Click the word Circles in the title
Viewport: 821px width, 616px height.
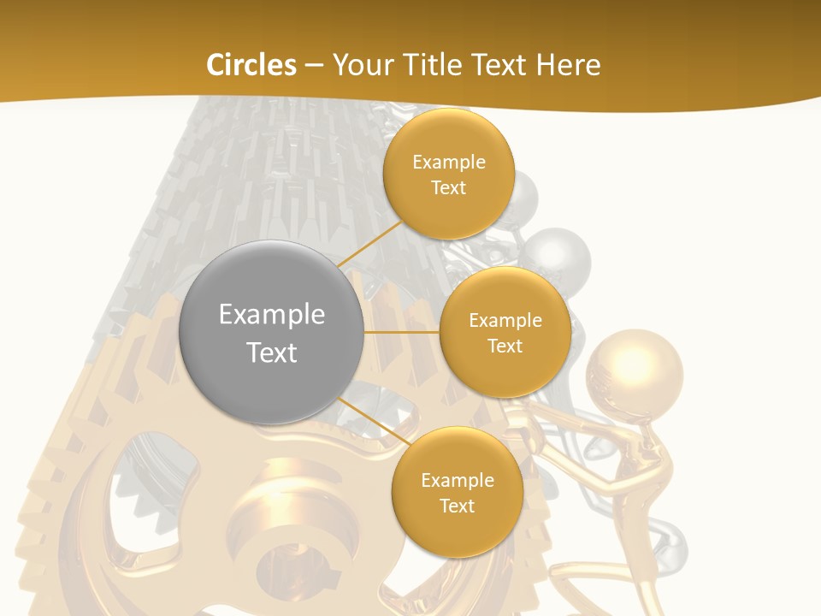tap(251, 65)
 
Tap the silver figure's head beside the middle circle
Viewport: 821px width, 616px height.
tap(558, 254)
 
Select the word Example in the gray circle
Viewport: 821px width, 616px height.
tap(272, 315)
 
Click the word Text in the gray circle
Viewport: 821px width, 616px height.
tap(272, 352)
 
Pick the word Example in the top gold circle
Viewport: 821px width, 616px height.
tap(449, 163)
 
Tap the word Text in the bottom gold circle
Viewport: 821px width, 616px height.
tap(457, 506)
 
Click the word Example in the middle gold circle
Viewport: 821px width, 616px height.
tap(505, 321)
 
